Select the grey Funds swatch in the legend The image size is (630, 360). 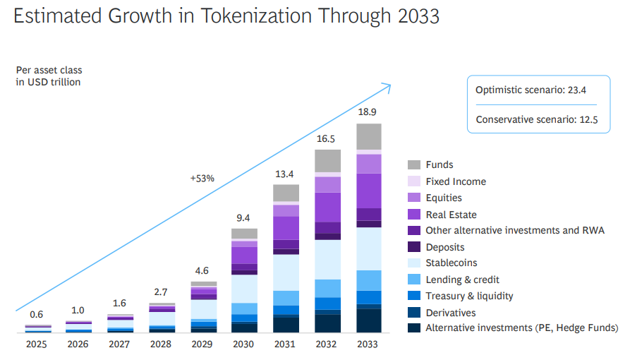(x=414, y=165)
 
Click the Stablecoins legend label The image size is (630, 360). (x=451, y=263)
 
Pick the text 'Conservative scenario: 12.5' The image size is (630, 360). (x=536, y=119)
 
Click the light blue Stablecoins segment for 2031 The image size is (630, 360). (x=286, y=272)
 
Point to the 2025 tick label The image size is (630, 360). (x=37, y=344)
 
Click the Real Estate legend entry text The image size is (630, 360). (x=451, y=215)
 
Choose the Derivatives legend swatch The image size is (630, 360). (x=414, y=312)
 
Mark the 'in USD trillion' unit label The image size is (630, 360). (x=48, y=83)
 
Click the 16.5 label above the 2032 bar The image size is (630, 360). (x=327, y=139)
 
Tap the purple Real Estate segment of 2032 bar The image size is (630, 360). (x=327, y=207)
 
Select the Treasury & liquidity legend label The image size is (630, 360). (x=469, y=296)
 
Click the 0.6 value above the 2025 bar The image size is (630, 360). (x=37, y=315)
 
